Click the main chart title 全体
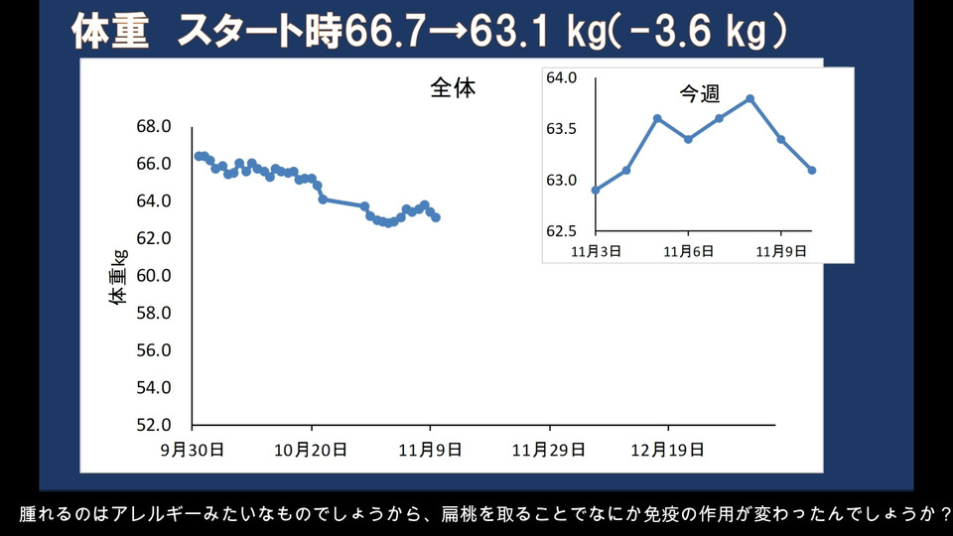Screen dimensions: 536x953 (x=453, y=87)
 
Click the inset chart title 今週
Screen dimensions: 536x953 (x=699, y=94)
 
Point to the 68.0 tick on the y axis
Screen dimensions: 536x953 (x=154, y=126)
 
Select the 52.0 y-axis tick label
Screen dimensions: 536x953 (x=154, y=425)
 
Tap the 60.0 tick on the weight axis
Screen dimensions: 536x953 (x=154, y=276)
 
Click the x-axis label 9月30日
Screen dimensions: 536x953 (x=193, y=449)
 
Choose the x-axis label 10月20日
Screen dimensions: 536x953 (x=312, y=449)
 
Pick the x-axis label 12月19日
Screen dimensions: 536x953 (x=667, y=449)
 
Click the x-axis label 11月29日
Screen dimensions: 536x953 (x=548, y=449)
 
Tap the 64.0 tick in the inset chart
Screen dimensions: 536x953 (x=562, y=77)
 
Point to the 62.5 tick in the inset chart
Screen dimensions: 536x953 (x=562, y=231)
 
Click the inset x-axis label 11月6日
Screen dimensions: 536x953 (x=688, y=252)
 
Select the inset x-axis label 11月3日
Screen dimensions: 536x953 (x=596, y=252)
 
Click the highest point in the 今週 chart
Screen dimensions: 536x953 (x=750, y=98)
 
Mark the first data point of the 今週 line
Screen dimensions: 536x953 (x=595, y=190)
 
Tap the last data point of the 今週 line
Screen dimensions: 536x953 (x=812, y=170)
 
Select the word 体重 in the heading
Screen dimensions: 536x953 (x=111, y=33)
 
